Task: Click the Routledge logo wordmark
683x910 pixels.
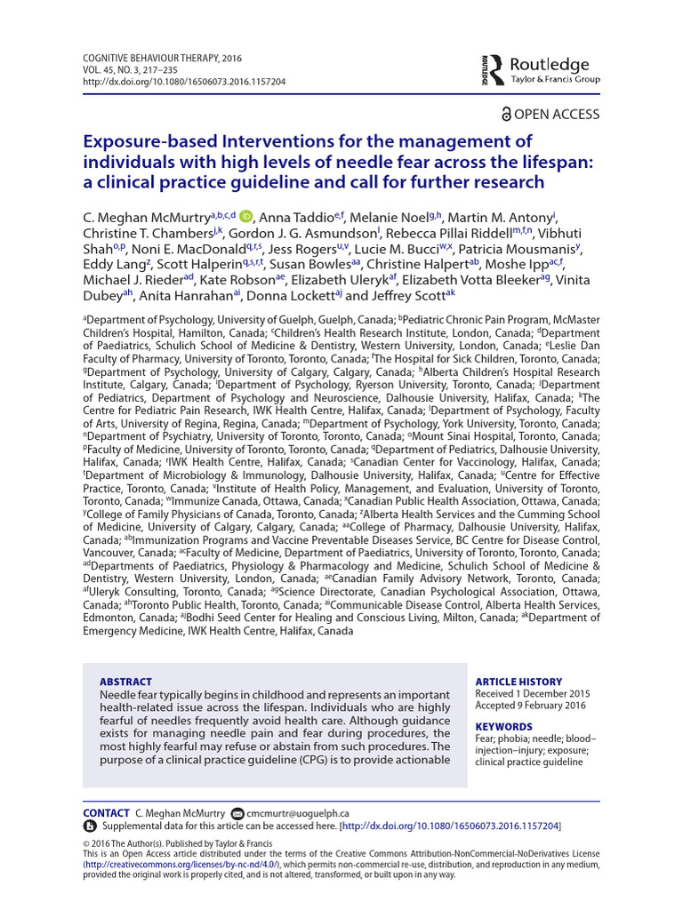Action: coord(549,64)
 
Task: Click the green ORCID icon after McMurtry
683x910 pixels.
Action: coord(245,217)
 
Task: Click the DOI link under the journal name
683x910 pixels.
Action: coord(183,81)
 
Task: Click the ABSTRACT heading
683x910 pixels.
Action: coord(125,682)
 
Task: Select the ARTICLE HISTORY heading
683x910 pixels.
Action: coord(519,680)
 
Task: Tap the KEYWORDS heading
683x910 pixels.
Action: coord(504,726)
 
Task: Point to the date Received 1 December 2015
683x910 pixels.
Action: coord(533,693)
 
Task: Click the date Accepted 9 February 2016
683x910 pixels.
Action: coord(531,706)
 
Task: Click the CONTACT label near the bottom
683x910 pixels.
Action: coord(106,813)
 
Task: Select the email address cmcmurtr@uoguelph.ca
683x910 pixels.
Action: coord(298,813)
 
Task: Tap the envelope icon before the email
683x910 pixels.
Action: coord(237,813)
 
